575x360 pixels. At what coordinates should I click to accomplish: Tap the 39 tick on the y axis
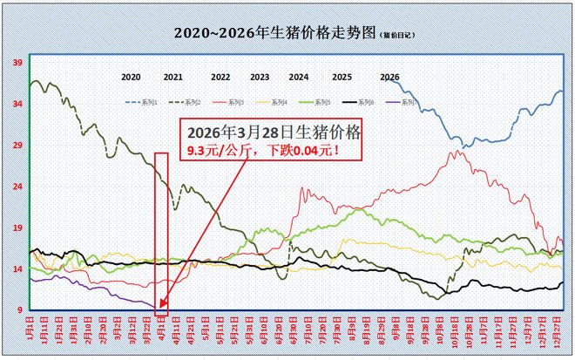tap(17, 62)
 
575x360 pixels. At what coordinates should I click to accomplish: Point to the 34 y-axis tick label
tap(17, 104)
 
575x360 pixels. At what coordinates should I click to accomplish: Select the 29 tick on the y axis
tap(17, 146)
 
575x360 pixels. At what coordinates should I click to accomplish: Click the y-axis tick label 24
tap(17, 187)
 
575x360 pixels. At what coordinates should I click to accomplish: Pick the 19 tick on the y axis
tap(17, 228)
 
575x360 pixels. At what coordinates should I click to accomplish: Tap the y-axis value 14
tap(17, 269)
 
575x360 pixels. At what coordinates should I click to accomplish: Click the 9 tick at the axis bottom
tap(19, 310)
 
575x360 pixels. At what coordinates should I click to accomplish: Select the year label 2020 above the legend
tap(131, 78)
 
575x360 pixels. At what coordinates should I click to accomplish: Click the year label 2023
tap(260, 78)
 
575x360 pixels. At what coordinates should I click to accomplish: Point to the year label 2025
tap(342, 78)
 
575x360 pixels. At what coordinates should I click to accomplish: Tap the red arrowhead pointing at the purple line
tap(161, 304)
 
